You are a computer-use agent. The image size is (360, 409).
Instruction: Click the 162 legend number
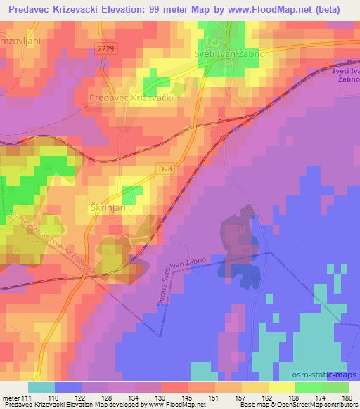coord(265,398)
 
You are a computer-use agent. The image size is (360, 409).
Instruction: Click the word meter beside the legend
coord(10,398)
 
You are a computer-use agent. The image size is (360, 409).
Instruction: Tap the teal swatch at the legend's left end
coord(41,387)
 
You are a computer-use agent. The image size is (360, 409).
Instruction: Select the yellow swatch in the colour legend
coord(281,387)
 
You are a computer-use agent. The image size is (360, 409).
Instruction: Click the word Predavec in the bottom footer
coord(17,405)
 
